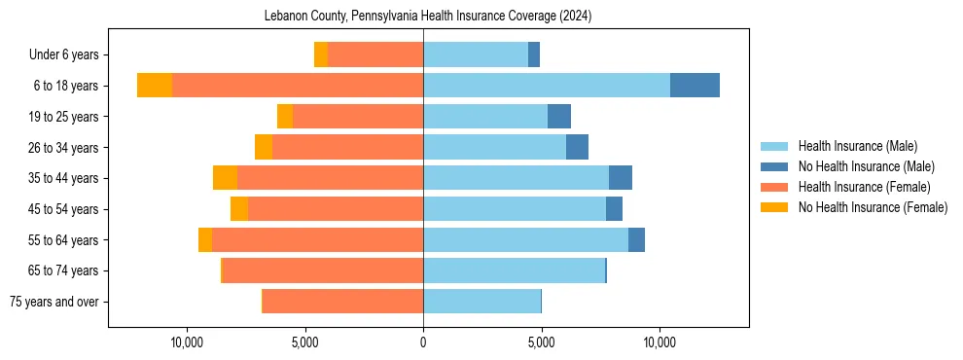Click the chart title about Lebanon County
tap(428, 17)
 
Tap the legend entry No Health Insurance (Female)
tap(873, 207)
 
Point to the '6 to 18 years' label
tap(65, 86)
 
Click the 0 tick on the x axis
tap(423, 342)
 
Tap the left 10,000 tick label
tap(187, 342)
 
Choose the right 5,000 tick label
tap(542, 342)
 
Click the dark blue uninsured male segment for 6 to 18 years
tap(695, 86)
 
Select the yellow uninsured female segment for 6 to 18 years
tap(155, 86)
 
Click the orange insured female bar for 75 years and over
tap(342, 302)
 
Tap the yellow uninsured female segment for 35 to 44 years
tap(225, 178)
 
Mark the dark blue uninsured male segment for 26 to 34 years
tap(577, 147)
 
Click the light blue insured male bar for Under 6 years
tap(476, 54)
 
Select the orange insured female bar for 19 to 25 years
tap(358, 117)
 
